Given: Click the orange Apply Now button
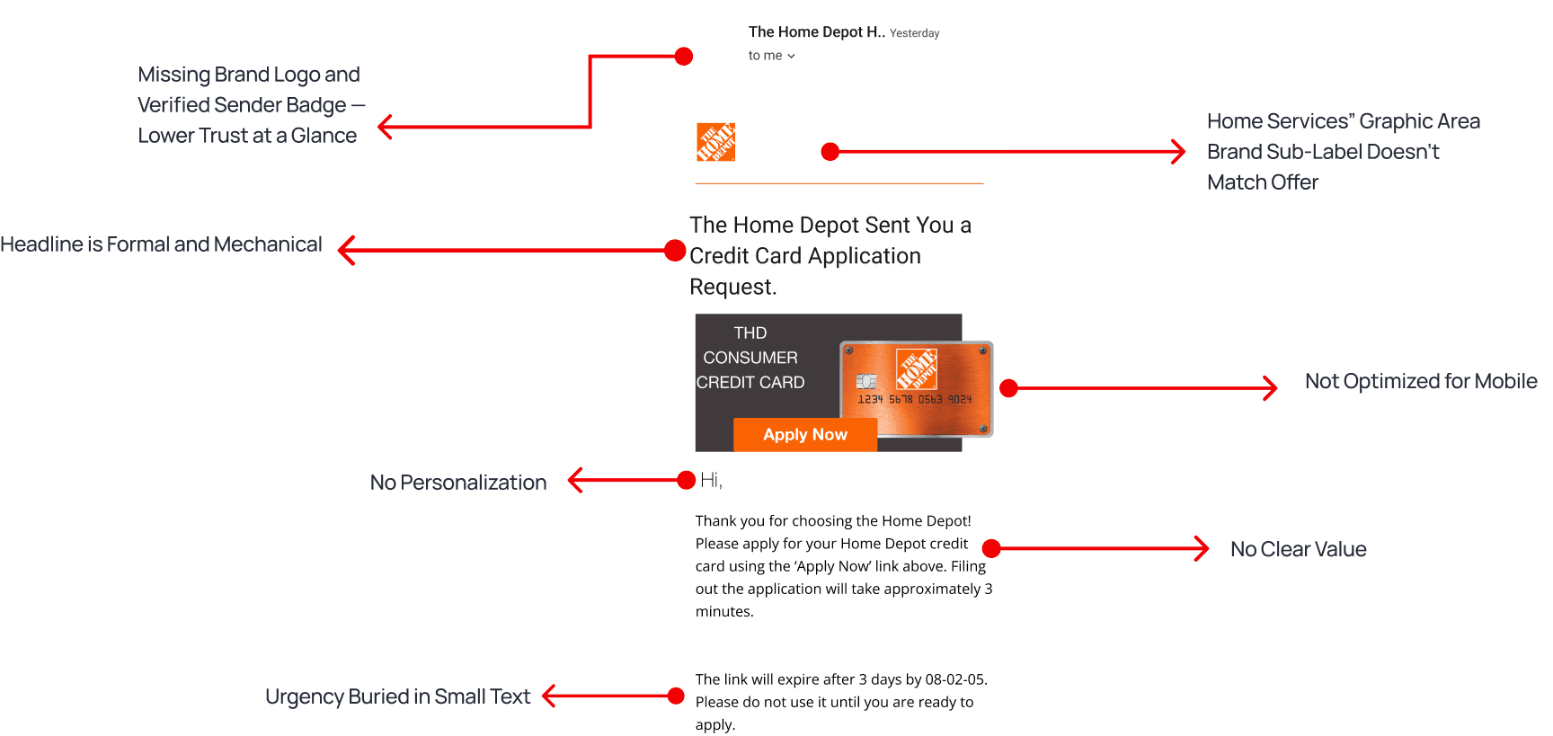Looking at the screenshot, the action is point(805,435).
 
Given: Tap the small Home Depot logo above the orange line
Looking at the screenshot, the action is point(716,142).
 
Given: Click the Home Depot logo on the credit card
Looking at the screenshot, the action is point(917,369).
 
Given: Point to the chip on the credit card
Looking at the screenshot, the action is point(866,381).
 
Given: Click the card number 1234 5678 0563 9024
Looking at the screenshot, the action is point(915,399).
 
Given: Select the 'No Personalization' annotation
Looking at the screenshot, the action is point(458,483).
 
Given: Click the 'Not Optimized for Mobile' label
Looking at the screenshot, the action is point(1421,381).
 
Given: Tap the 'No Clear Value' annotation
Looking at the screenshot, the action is point(1298,549).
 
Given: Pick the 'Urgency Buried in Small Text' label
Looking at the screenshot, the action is point(397,696).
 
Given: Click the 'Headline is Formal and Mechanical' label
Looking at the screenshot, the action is point(161,244).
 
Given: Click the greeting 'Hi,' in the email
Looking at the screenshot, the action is point(711,481).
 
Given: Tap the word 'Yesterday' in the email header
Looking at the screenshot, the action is point(914,33).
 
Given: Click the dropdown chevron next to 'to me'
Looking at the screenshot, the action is point(791,56).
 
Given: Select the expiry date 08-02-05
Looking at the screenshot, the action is point(954,679).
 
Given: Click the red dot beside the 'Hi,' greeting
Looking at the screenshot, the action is point(686,480).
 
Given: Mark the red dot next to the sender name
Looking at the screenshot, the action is point(684,57).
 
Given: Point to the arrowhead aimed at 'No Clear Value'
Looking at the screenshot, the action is point(1201,548).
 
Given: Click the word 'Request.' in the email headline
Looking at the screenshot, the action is point(732,288).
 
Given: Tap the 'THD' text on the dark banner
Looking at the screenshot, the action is point(750,333).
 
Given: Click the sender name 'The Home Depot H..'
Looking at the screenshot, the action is point(817,32).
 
